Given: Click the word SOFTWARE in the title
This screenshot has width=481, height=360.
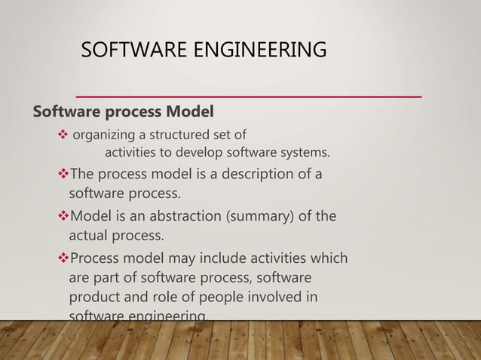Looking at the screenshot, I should (124, 50).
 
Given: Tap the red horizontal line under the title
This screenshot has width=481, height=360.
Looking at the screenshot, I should (249, 97).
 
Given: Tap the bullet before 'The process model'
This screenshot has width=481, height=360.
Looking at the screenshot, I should (63, 175).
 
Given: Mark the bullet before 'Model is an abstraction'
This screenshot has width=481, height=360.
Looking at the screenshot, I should (63, 218).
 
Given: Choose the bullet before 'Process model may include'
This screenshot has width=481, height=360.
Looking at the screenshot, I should (63, 259).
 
